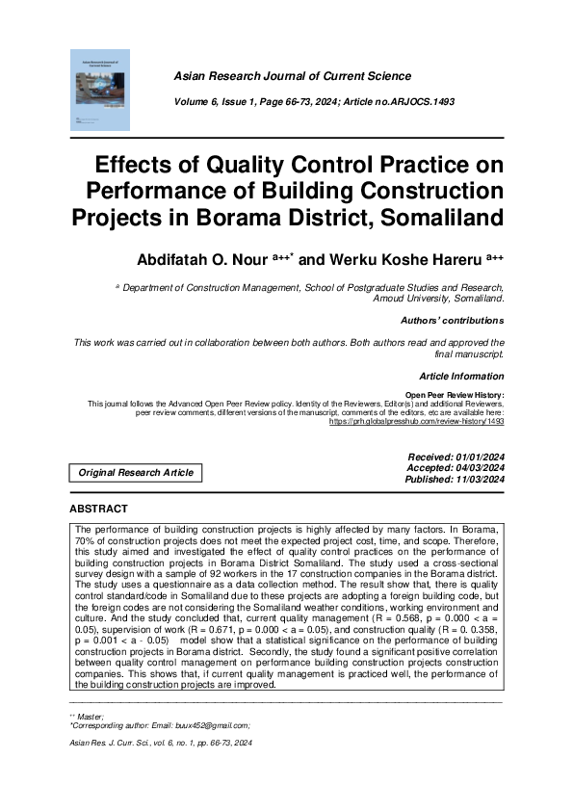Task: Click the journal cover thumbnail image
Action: point(102,90)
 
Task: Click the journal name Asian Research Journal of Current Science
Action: point(292,76)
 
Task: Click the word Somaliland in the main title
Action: point(425,215)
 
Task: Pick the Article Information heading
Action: point(461,376)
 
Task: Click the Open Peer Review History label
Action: point(454,394)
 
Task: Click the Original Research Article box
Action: point(136,472)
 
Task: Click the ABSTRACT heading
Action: point(98,508)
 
